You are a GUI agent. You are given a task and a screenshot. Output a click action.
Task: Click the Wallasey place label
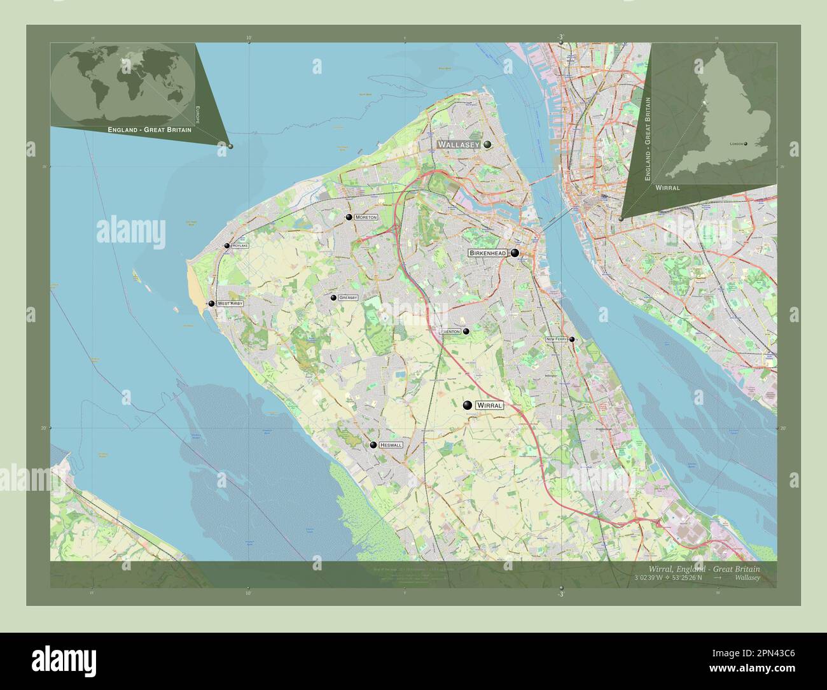coord(458,145)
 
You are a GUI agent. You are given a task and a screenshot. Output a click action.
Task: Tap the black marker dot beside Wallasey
coord(487,145)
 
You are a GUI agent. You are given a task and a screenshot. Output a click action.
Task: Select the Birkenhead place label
coord(487,253)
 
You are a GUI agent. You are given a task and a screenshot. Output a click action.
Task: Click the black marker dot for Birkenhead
coord(514,253)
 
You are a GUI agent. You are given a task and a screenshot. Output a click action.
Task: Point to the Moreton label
coord(366,218)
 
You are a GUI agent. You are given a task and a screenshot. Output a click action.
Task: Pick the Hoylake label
coord(240,246)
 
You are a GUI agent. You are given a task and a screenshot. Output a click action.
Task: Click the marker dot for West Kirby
coord(211,304)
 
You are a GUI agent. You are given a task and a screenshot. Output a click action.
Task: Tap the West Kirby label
coord(230,304)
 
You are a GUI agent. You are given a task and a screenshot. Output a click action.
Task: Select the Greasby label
coord(348,298)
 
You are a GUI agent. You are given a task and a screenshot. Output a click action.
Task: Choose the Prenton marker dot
coord(466,331)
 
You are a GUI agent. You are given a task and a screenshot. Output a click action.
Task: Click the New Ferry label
coord(557,340)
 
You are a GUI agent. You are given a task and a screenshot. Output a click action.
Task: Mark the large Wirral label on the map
coord(490,405)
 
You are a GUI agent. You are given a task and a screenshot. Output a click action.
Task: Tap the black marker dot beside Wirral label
coord(468,405)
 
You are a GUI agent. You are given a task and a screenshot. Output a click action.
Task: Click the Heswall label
coord(391,446)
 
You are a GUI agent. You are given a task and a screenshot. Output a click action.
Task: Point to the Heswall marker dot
coord(373,445)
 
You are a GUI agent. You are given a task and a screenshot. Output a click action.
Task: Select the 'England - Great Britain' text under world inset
coord(149,129)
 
